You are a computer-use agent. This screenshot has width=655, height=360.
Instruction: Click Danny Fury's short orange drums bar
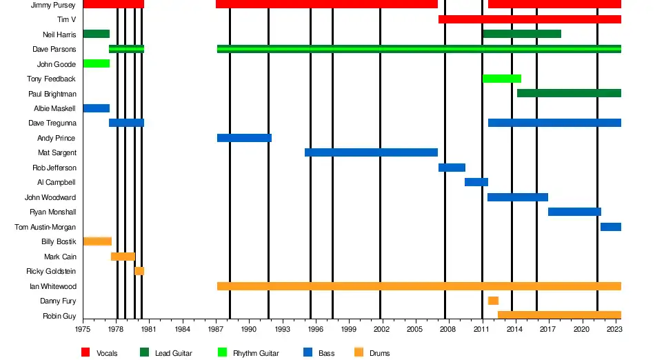(x=493, y=301)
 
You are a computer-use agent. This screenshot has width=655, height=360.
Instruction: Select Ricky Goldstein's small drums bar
(x=139, y=271)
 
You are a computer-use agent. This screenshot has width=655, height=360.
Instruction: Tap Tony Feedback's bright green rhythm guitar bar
(x=501, y=79)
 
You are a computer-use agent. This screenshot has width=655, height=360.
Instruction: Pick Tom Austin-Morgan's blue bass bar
(x=611, y=227)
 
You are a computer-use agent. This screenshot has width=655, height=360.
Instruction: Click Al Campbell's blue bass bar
(x=476, y=182)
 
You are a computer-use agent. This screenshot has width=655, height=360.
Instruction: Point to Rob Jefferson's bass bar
(x=452, y=168)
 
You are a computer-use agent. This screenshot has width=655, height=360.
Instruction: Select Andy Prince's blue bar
(x=244, y=138)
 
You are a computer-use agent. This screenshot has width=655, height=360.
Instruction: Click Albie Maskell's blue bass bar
(x=96, y=108)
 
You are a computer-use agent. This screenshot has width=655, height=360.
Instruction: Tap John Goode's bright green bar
(x=96, y=63)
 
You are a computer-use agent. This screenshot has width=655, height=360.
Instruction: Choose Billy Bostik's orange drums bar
(x=97, y=241)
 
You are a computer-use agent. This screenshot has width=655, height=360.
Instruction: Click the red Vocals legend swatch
(x=85, y=353)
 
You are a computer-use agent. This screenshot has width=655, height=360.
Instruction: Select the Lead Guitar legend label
(x=173, y=354)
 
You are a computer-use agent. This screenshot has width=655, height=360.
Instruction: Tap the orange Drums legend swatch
(x=359, y=353)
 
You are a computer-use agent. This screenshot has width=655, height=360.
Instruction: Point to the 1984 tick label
(x=183, y=330)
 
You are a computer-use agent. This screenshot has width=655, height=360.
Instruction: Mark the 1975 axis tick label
(x=83, y=330)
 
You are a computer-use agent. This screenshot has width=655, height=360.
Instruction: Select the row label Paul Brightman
(x=52, y=94)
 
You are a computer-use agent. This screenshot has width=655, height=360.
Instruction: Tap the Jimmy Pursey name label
(x=53, y=5)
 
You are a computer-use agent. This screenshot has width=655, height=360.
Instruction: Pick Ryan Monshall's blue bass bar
(x=574, y=212)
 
